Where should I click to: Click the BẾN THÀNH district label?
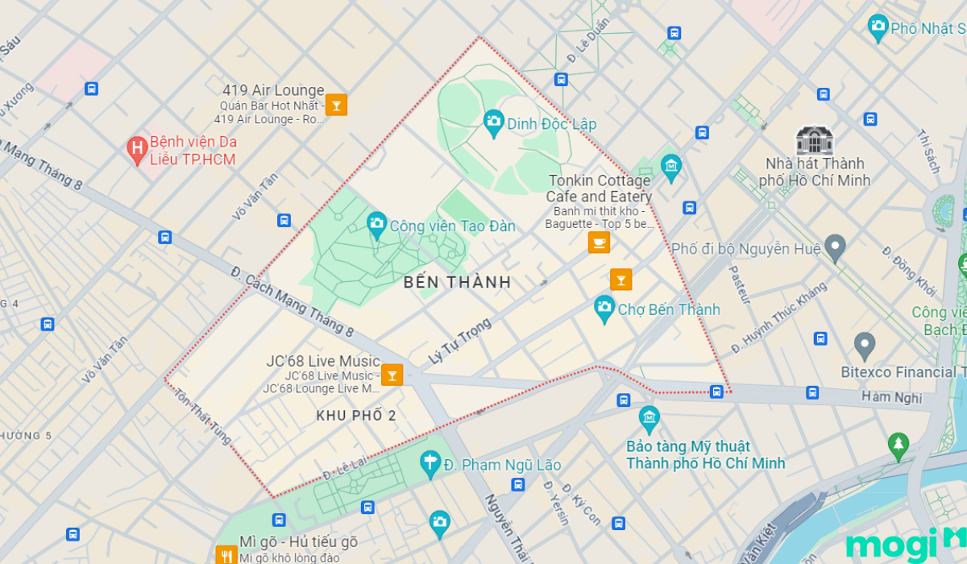pyautogui.click(x=458, y=282)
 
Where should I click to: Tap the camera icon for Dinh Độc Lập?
pyautogui.click(x=493, y=123)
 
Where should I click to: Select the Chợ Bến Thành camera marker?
pyautogui.click(x=604, y=308)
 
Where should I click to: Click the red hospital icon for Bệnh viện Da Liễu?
pyautogui.click(x=137, y=147)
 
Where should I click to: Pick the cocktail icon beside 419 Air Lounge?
pyautogui.click(x=337, y=105)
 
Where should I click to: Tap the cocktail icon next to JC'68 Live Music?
pyautogui.click(x=392, y=375)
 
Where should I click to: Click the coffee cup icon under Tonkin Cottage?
pyautogui.click(x=599, y=242)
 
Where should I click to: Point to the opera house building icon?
pyautogui.click(x=814, y=140)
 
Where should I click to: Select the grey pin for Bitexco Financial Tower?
pyautogui.click(x=865, y=346)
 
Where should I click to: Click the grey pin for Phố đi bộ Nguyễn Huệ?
pyautogui.click(x=835, y=247)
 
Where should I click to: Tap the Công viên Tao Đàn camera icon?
pyautogui.click(x=376, y=225)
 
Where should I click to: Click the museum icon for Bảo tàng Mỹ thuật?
pyautogui.click(x=649, y=419)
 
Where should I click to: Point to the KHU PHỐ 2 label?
pyautogui.click(x=356, y=416)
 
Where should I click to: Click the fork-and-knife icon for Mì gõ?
pyautogui.click(x=226, y=554)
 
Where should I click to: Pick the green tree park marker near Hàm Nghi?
pyautogui.click(x=898, y=446)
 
